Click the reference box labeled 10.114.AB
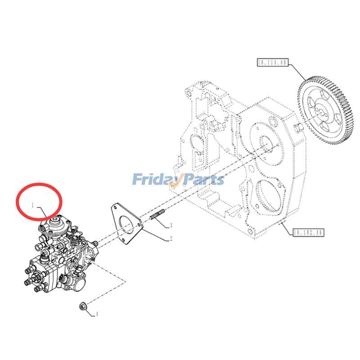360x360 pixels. pos(272,63)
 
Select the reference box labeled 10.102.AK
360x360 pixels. pos(308,232)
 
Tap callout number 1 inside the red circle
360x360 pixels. pos(33,205)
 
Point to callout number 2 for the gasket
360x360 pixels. pos(171,239)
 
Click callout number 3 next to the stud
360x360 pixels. pos(171,225)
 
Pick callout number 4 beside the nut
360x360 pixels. pos(96,314)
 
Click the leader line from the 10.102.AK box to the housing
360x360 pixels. pos(287,227)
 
